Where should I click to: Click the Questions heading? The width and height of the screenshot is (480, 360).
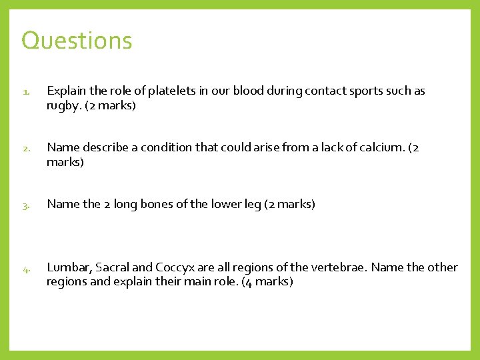77,41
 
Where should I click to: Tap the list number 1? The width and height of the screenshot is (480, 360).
25,91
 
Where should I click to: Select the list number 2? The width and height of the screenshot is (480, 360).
25,148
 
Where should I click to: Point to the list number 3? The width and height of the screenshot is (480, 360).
25,205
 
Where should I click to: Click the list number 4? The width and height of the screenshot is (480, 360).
25,269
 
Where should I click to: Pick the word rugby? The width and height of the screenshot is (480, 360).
63,105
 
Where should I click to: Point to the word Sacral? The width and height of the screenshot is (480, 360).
113,267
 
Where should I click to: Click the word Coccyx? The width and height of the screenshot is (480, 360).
175,267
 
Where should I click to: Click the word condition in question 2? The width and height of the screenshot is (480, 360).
197,147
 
